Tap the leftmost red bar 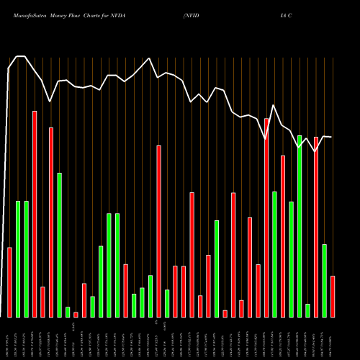point(9,282)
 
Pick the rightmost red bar point(333,296)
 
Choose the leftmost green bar point(18,258)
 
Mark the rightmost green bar point(324,280)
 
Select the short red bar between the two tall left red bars point(42,302)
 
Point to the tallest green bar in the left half point(59,245)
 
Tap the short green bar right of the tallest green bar point(307,310)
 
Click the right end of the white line point(332,137)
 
